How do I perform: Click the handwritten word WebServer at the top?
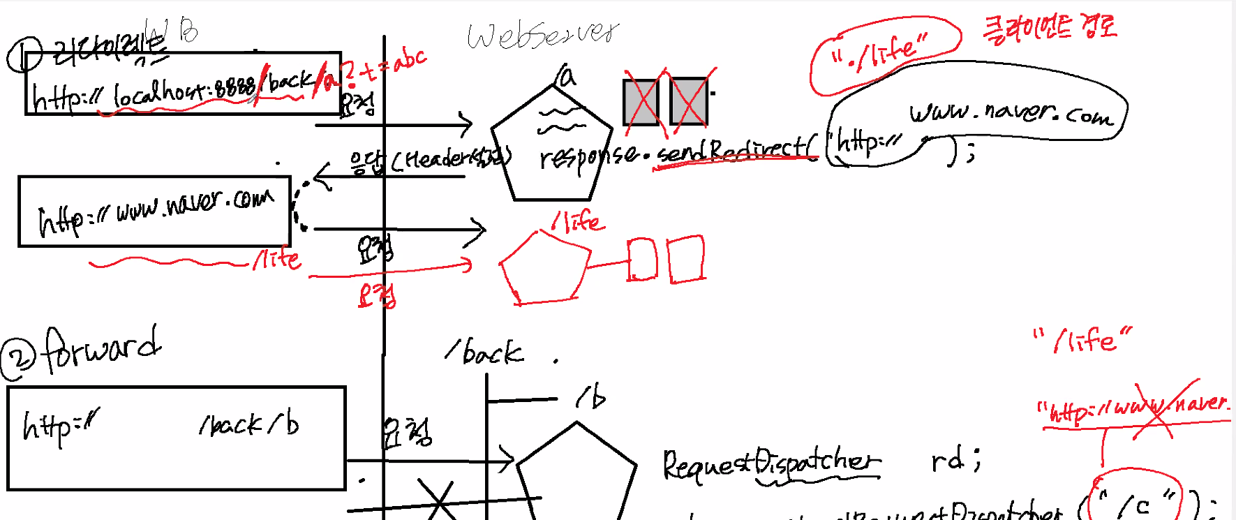click(543, 35)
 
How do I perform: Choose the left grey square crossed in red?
click(641, 103)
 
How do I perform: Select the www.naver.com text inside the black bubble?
click(1009, 114)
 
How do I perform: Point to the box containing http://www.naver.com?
click(154, 211)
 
